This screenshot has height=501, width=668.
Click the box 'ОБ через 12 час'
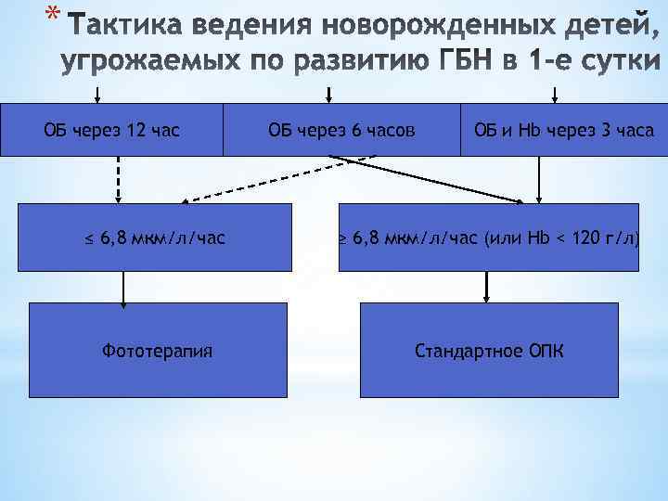(111, 130)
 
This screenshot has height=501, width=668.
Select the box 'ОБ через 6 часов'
(341, 130)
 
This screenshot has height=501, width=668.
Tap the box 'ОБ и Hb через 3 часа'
(563, 130)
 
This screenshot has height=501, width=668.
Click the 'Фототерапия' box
(157, 351)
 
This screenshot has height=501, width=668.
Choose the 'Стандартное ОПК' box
(488, 351)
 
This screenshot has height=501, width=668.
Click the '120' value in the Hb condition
(587, 238)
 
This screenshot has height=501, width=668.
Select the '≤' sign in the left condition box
(89, 238)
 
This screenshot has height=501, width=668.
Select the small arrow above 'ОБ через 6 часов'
(328, 94)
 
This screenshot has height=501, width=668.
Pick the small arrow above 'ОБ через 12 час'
(97, 94)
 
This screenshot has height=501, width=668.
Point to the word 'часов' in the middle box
(391, 130)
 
